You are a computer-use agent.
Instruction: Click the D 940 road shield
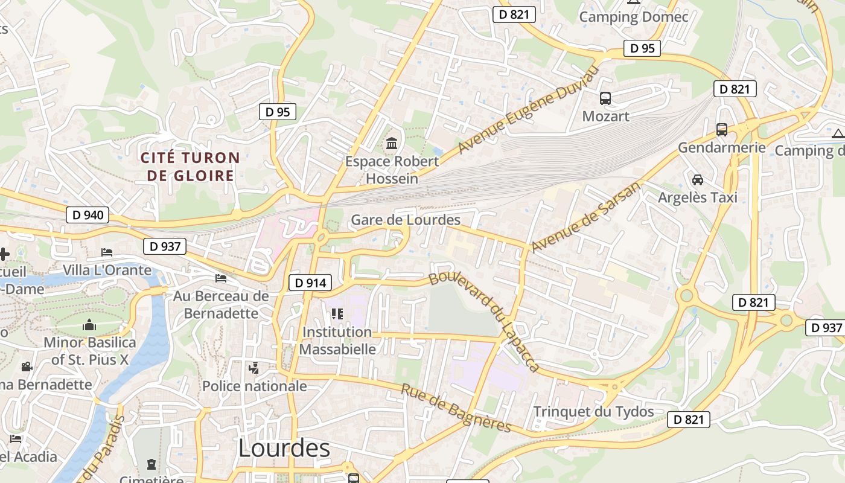(88, 214)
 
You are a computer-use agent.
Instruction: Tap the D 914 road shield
(311, 282)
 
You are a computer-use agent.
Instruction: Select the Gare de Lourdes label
(405, 220)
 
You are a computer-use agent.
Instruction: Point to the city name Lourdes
(284, 448)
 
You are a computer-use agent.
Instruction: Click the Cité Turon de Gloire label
(190, 167)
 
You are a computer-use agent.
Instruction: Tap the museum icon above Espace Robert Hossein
(392, 144)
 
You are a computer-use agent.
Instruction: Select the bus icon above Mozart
(605, 98)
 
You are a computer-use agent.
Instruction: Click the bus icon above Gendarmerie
(721, 129)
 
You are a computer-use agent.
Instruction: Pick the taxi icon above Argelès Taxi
(698, 180)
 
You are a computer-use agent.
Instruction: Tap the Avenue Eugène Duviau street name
(528, 110)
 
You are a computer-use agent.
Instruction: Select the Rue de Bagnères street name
(456, 408)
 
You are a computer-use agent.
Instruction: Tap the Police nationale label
(254, 386)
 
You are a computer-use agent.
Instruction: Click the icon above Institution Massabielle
(337, 314)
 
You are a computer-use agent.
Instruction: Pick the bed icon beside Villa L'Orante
(107, 252)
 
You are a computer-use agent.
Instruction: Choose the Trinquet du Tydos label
(593, 412)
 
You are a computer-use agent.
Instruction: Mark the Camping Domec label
(633, 17)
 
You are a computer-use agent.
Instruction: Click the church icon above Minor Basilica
(89, 325)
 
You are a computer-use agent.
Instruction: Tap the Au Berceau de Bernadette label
(221, 304)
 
